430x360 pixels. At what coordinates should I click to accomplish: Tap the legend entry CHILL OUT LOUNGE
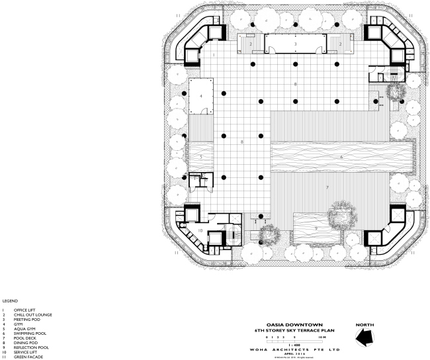[x=32, y=314]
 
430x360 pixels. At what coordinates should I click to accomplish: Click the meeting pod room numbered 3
[x=295, y=44]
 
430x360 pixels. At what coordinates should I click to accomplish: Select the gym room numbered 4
[x=200, y=97]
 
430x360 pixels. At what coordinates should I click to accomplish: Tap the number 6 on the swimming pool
[x=341, y=157]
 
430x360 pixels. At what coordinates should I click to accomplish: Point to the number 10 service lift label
[x=200, y=230]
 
